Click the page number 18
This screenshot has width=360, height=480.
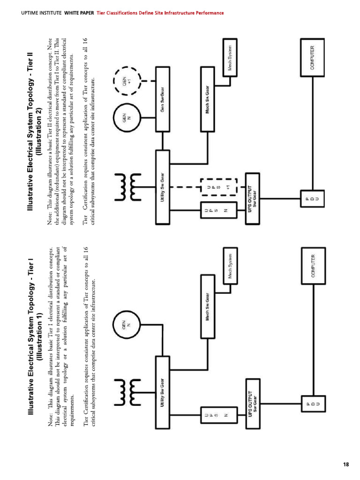346,464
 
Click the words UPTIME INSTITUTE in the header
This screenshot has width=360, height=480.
41,13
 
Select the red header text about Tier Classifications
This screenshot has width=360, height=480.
160,13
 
